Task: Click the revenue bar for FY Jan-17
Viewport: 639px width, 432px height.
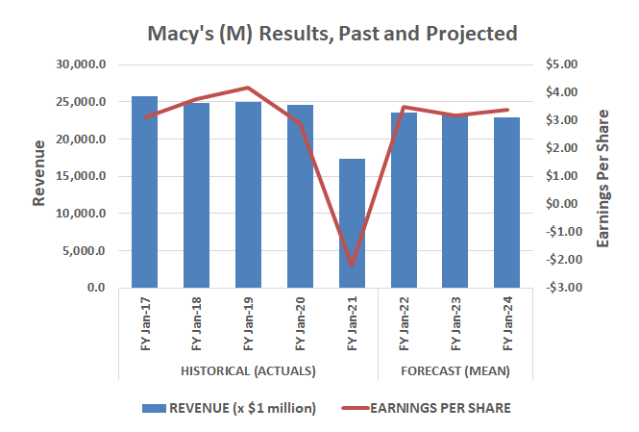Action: click(144, 192)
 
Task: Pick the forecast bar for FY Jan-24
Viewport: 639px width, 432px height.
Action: click(506, 203)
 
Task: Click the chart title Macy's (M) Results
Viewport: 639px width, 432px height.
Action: click(332, 34)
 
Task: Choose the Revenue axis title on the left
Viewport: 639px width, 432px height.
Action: click(39, 173)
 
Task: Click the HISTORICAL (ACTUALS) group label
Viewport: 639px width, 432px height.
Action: click(249, 370)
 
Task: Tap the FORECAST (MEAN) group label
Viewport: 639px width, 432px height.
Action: click(455, 370)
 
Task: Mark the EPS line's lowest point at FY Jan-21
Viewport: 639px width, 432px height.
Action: click(352, 265)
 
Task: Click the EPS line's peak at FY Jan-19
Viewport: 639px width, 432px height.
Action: click(248, 88)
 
